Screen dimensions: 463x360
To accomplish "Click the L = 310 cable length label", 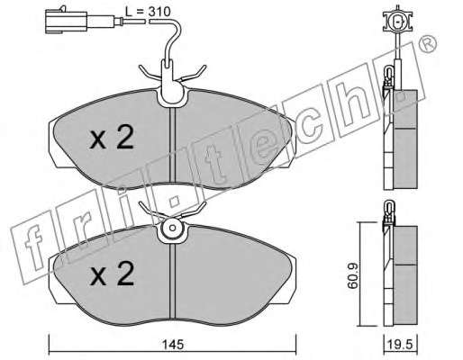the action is (x=148, y=12).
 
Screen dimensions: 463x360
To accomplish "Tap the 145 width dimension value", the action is (x=173, y=345).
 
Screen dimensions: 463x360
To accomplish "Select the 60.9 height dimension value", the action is (x=353, y=275).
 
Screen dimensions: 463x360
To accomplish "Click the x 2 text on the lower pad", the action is (x=112, y=273).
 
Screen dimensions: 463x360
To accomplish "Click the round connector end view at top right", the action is (x=398, y=22).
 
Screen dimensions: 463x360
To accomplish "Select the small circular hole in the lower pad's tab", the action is (x=172, y=228).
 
